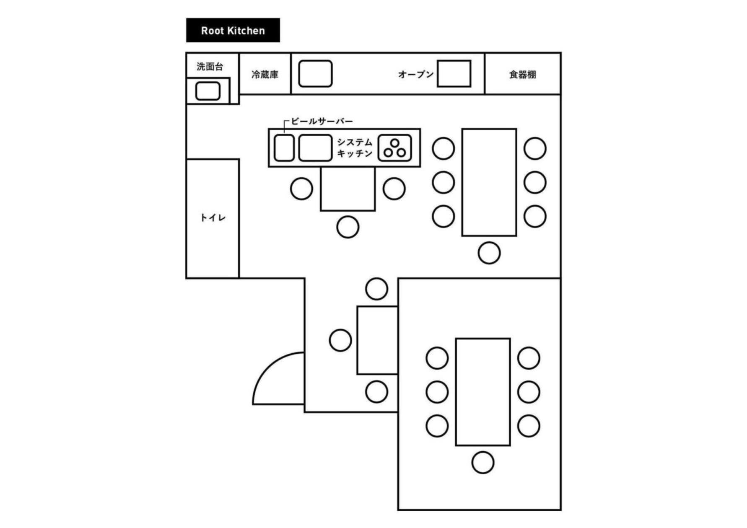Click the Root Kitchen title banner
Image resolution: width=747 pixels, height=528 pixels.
(x=233, y=30)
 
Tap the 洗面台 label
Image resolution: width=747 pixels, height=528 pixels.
(x=210, y=66)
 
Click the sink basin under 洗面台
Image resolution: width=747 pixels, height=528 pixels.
(x=208, y=91)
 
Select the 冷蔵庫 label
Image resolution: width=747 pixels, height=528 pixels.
(x=265, y=75)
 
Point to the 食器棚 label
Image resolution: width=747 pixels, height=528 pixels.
(x=523, y=75)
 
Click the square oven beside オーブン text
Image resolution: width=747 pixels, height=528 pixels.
(x=454, y=74)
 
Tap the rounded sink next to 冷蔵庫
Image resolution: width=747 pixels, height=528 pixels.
(x=315, y=74)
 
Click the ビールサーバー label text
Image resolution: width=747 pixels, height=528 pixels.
(x=322, y=121)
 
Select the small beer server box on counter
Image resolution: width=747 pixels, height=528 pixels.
(x=284, y=148)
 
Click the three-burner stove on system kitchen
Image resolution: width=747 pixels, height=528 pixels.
(x=394, y=148)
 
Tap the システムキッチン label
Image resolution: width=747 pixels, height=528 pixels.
(x=355, y=148)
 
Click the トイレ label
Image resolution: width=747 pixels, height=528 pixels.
(x=213, y=218)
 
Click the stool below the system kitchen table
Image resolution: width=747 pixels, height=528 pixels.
(x=348, y=227)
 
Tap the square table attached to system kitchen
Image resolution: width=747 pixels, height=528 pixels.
(x=348, y=189)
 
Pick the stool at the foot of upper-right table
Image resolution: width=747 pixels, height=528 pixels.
(x=489, y=253)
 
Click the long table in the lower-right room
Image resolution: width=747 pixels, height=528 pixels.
(x=483, y=392)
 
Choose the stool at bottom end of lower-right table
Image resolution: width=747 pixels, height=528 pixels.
(x=483, y=463)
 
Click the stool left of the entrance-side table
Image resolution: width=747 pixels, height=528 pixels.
(x=340, y=340)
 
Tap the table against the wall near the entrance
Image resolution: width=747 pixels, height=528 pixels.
(x=377, y=340)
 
